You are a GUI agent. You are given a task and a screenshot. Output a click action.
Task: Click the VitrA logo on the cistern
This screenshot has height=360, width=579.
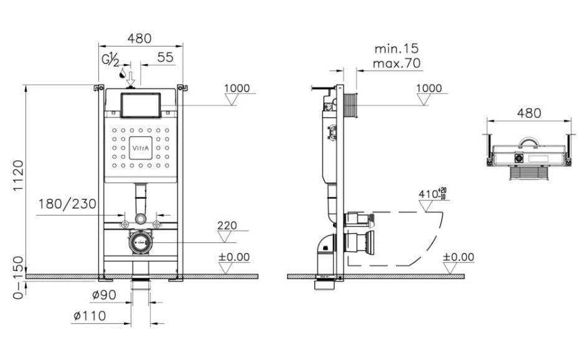(x=141, y=148)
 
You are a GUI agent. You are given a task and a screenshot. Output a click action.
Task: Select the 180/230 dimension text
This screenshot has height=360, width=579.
(x=68, y=204)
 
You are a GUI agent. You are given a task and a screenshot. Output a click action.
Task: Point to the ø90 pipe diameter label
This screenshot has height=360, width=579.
(x=104, y=295)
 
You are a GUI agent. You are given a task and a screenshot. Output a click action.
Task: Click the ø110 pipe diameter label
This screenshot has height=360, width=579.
(x=90, y=316)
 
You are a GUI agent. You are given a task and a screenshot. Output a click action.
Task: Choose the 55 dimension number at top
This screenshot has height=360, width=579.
(x=165, y=57)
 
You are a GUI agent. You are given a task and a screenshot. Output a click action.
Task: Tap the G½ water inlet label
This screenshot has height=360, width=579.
(x=110, y=59)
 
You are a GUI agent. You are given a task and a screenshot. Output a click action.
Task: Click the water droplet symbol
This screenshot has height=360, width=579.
(x=122, y=74)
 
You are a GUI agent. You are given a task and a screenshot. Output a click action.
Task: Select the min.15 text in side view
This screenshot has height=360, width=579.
(x=397, y=49)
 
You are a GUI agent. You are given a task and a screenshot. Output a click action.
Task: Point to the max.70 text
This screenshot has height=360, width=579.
(x=397, y=64)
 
